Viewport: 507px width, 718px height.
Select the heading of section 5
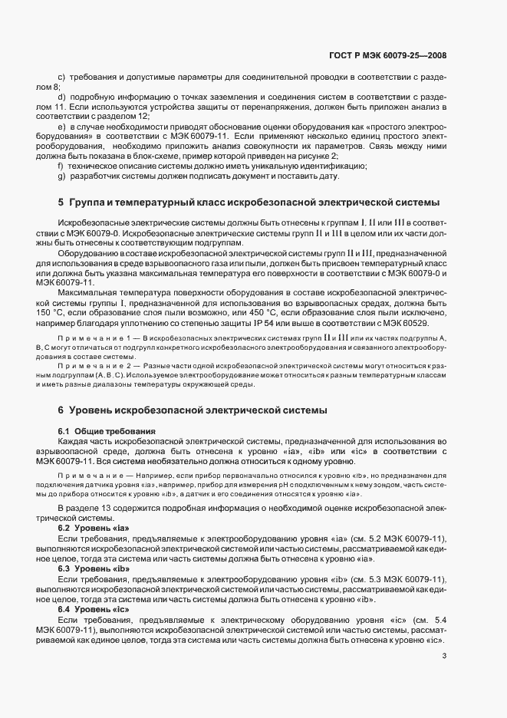pos(249,203)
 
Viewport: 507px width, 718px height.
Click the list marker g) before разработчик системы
pos(61,176)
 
